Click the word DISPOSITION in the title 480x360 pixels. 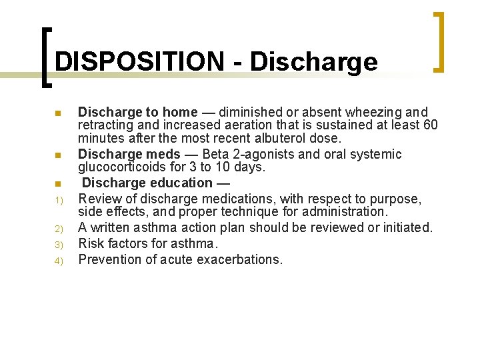click(x=139, y=62)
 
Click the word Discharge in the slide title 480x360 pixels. click(x=313, y=62)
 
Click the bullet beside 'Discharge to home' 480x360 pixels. click(x=58, y=113)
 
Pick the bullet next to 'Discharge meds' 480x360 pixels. click(x=58, y=155)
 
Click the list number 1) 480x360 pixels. click(x=58, y=199)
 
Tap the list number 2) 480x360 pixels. click(x=58, y=228)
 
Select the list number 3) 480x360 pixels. click(x=58, y=244)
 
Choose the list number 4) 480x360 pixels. click(x=58, y=260)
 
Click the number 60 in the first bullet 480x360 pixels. click(x=430, y=125)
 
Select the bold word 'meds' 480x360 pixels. click(x=163, y=155)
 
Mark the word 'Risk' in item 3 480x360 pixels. click(x=91, y=243)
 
